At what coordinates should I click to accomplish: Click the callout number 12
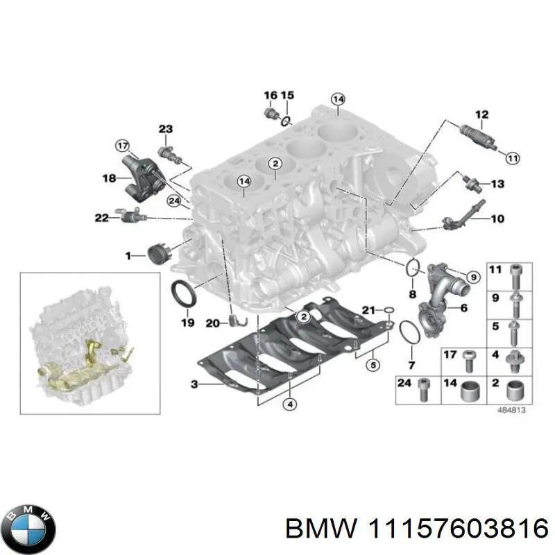point(481,114)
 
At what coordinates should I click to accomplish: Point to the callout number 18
point(110,178)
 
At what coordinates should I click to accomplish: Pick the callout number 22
point(102,218)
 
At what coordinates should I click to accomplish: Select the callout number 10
point(497,219)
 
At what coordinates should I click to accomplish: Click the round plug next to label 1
point(159,255)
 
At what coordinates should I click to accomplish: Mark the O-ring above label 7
point(409,333)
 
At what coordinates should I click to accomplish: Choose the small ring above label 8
point(412,267)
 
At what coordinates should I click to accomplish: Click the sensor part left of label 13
point(471,182)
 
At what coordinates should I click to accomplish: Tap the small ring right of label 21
point(390,310)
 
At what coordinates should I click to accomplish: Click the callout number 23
point(165,129)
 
